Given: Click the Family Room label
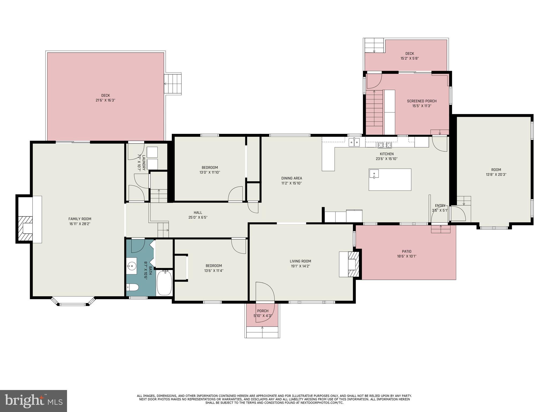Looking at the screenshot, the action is click(80, 219).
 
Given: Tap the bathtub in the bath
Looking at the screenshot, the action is click(164, 283).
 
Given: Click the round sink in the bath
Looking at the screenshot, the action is click(131, 266).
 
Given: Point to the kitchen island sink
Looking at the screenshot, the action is click(374, 174).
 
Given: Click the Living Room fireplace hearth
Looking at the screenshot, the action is click(353, 264).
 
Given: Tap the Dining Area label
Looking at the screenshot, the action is click(291, 178).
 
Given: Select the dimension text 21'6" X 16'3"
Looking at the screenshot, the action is click(105, 100).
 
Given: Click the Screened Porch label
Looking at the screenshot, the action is click(422, 101).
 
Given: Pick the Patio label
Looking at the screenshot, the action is click(406, 252).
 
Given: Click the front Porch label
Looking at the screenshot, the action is click(262, 311).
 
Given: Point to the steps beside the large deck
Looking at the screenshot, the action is click(173, 84).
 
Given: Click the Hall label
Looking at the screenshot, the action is click(198, 213).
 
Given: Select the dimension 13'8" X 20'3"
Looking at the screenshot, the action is click(496, 174).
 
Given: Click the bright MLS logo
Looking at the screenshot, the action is click(34, 401).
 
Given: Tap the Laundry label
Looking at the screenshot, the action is click(144, 163).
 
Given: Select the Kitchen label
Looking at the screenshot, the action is click(387, 154).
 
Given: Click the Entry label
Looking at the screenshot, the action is click(440, 206).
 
